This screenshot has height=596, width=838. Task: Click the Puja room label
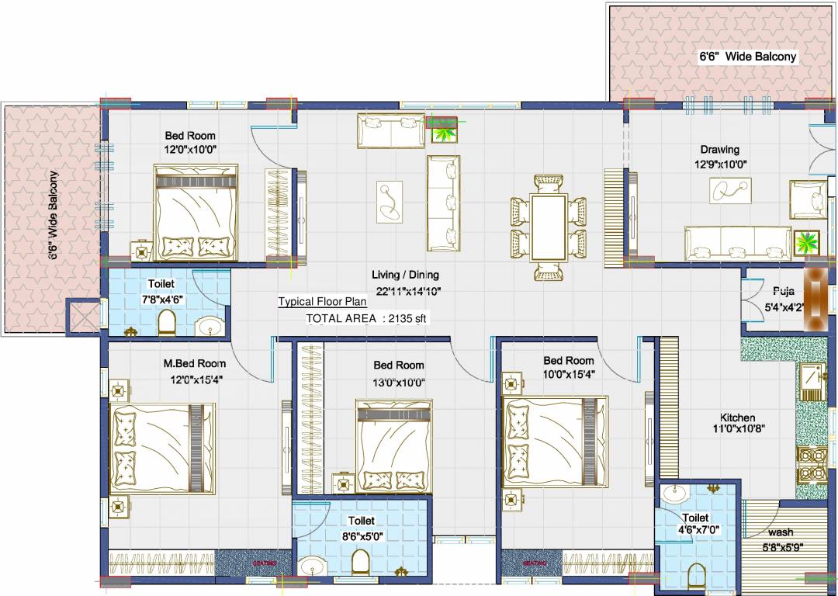click(782, 292)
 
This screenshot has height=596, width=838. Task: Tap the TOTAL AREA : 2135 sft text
click(366, 318)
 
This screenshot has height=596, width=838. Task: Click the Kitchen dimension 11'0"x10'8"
click(739, 429)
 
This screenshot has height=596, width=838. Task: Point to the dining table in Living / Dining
click(549, 227)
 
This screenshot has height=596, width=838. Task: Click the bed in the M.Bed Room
click(158, 448)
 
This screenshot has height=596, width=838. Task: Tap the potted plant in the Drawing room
click(807, 243)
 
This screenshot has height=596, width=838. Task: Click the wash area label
click(780, 532)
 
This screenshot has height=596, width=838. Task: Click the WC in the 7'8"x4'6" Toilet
click(168, 322)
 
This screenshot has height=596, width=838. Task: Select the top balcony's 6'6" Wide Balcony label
click(747, 57)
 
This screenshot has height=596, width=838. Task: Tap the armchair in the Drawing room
click(807, 198)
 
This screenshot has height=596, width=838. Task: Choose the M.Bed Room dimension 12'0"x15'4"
click(194, 379)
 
